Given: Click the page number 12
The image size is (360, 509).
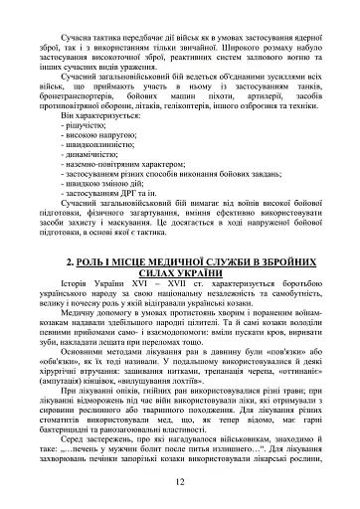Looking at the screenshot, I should (x=180, y=482).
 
